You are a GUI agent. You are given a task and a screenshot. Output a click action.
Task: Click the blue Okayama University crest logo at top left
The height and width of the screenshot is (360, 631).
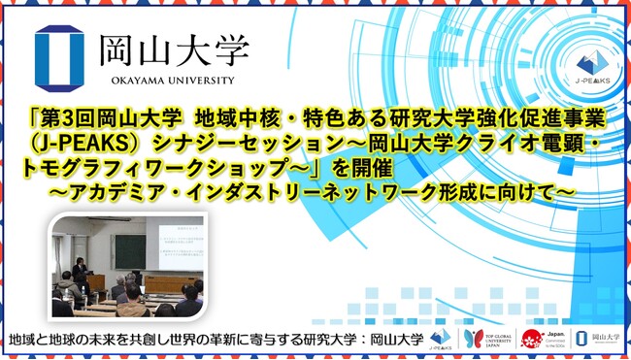point(62,51)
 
